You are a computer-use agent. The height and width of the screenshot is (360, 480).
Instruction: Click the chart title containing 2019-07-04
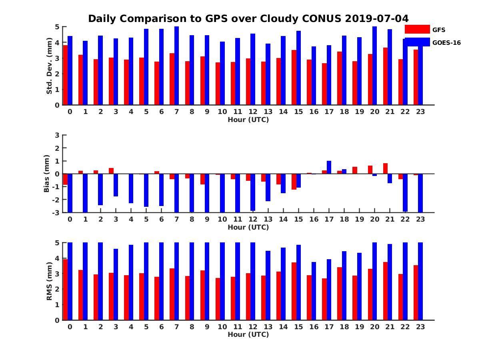[x=248, y=19]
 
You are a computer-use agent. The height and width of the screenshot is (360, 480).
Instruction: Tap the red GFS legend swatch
[x=417, y=29]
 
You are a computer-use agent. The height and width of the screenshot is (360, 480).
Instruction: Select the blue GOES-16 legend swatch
[x=417, y=42]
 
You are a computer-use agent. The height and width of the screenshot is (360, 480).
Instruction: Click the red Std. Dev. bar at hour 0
[x=65, y=75]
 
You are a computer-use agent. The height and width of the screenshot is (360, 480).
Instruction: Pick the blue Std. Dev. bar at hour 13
[x=268, y=74]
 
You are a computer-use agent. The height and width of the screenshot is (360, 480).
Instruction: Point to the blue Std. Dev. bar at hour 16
[x=314, y=76]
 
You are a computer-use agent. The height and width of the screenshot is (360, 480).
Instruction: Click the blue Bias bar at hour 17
[x=329, y=167]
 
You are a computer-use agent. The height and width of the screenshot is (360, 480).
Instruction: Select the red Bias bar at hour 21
[x=385, y=168]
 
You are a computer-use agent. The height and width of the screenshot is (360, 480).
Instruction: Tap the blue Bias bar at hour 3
[x=116, y=185]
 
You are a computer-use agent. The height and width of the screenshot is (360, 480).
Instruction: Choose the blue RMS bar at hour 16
[x=314, y=291]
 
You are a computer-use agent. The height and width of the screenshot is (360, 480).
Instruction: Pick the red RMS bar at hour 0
[x=65, y=290]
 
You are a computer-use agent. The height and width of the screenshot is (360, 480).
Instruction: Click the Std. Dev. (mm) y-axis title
[x=49, y=66]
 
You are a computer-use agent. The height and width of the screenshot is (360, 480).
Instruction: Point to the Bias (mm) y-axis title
[x=47, y=174]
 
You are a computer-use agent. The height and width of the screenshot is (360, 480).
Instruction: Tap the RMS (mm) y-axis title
[x=49, y=281]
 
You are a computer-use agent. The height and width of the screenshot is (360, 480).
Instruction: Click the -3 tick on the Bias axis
[x=56, y=212]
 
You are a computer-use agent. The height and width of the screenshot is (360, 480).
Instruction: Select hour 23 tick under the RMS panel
[x=420, y=327]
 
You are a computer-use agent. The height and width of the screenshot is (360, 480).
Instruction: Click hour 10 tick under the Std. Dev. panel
[x=222, y=112]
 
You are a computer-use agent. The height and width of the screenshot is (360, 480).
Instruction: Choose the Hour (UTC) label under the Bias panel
[x=248, y=227]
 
